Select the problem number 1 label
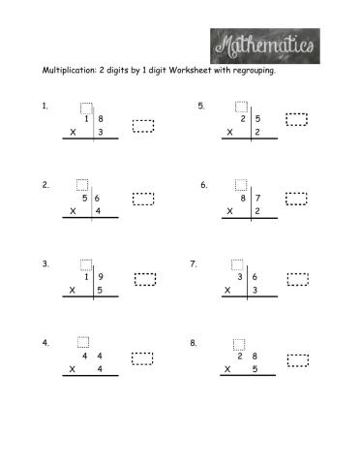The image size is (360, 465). (x=45, y=108)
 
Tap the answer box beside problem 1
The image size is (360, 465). (x=143, y=125)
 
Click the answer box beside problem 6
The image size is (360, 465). (x=296, y=199)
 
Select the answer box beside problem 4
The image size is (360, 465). (x=142, y=358)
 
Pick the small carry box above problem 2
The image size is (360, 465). (x=81, y=184)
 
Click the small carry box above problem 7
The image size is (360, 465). (x=237, y=263)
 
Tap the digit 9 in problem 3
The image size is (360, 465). (x=100, y=277)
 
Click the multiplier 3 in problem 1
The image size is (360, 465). (x=100, y=132)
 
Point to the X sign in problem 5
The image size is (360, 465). (x=229, y=133)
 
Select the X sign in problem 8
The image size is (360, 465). (x=228, y=369)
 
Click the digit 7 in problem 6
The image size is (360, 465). (x=257, y=198)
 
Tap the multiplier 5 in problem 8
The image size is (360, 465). (x=255, y=369)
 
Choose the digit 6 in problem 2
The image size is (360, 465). (x=98, y=198)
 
